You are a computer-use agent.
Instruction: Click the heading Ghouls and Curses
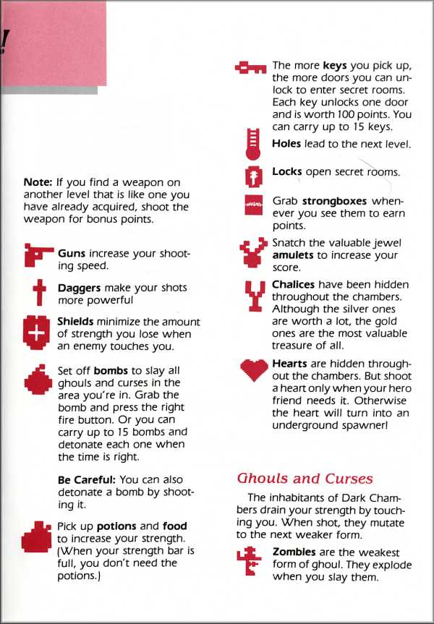(x=305, y=478)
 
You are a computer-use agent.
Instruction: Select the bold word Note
(x=38, y=182)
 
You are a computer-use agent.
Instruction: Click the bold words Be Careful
(x=87, y=479)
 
